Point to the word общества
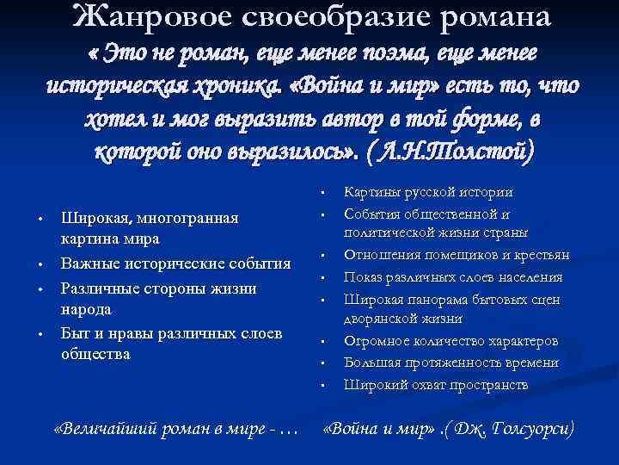coord(95,352)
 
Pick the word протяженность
coord(445,363)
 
